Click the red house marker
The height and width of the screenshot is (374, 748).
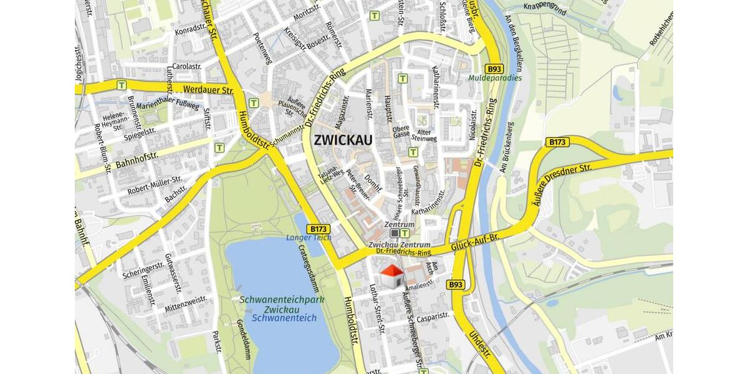point(391,276)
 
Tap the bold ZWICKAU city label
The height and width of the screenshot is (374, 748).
point(343,140)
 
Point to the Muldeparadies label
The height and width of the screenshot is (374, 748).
point(494,79)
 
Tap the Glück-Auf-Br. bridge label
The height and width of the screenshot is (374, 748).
point(476,242)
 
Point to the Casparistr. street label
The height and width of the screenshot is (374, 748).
point(433,316)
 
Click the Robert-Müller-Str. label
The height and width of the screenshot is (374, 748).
point(155,185)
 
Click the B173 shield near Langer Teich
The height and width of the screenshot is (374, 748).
point(318,229)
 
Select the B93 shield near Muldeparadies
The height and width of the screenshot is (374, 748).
point(494,69)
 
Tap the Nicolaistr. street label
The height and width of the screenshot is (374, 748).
point(473,125)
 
